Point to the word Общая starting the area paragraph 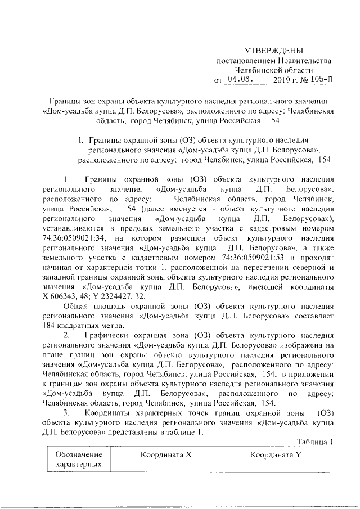75,307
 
